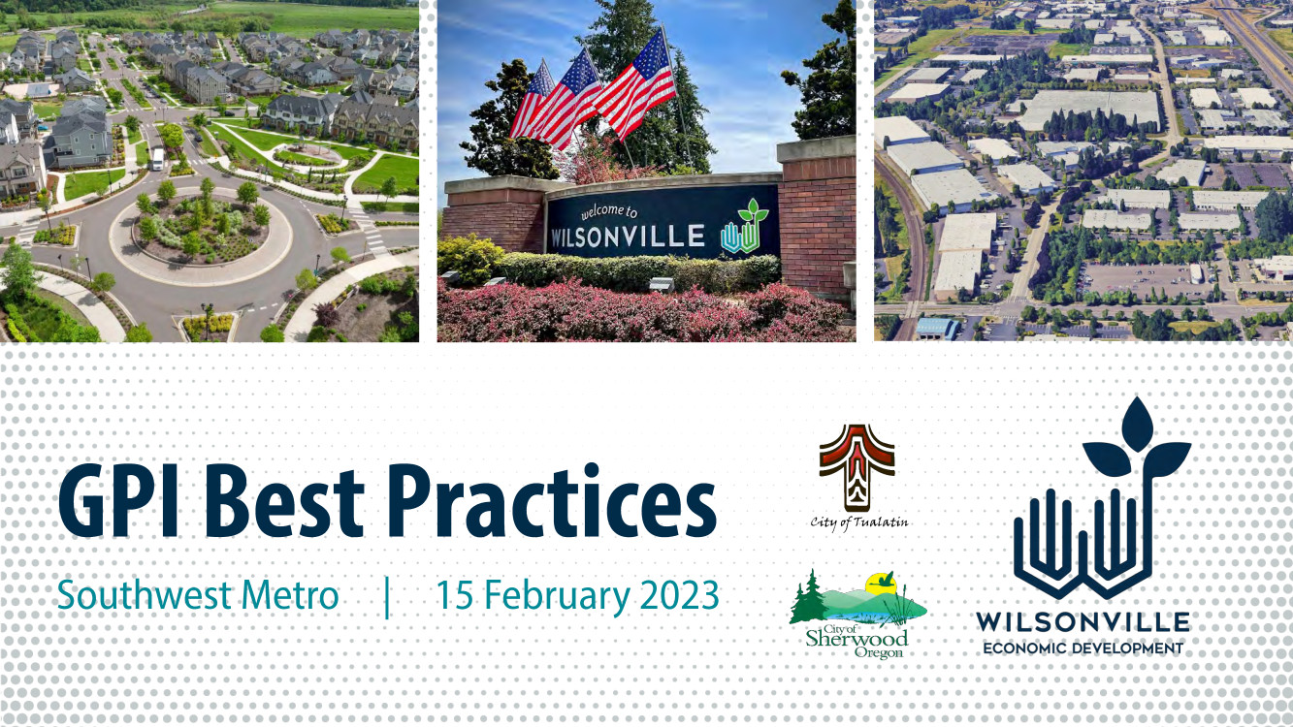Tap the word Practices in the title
[553, 500]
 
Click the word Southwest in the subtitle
[144, 595]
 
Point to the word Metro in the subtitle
[290, 595]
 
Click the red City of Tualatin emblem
[857, 466]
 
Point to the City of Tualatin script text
[858, 522]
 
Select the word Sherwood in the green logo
[857, 638]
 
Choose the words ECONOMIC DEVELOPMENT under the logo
[1083, 648]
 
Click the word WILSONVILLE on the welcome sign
[628, 236]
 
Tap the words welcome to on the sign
[609, 211]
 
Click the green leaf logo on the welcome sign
[745, 227]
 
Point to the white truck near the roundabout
[157, 158]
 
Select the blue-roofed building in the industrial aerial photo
[937, 329]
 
